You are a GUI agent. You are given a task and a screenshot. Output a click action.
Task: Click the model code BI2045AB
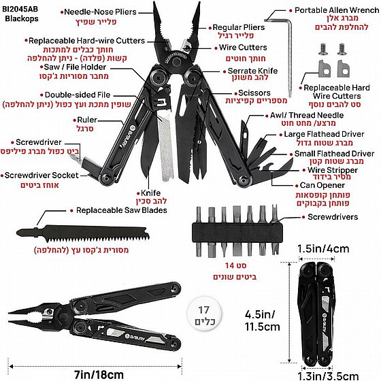point(20,10)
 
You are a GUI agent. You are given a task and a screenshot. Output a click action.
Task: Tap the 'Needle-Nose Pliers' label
point(100,12)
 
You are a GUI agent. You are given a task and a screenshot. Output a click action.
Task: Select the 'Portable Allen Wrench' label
point(337,10)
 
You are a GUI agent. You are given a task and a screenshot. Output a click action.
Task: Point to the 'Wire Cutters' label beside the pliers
point(243,48)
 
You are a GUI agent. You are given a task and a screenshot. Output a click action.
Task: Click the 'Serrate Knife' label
point(252,71)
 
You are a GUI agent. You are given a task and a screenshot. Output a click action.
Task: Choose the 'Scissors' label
point(254,93)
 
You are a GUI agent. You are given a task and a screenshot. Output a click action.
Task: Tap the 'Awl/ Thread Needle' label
point(307,115)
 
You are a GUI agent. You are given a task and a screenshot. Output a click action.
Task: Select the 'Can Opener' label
point(322,185)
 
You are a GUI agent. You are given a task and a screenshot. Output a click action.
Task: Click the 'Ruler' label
point(87,120)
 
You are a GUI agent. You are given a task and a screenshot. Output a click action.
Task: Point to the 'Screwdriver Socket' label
point(42,176)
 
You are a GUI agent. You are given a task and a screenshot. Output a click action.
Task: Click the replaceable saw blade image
point(82,234)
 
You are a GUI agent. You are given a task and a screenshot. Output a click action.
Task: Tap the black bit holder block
point(237,233)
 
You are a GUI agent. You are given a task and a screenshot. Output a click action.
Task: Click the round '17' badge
point(204,314)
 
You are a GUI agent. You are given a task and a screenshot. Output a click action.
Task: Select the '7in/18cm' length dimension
point(99,374)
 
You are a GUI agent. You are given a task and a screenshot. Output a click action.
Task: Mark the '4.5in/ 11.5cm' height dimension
point(262,320)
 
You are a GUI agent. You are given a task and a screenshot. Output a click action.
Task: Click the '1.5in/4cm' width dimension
point(323,248)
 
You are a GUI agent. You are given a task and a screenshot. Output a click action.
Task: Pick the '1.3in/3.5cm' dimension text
point(328,376)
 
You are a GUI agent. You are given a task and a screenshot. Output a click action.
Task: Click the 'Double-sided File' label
point(78,95)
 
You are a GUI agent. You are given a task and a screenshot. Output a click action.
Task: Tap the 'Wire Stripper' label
point(333,170)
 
